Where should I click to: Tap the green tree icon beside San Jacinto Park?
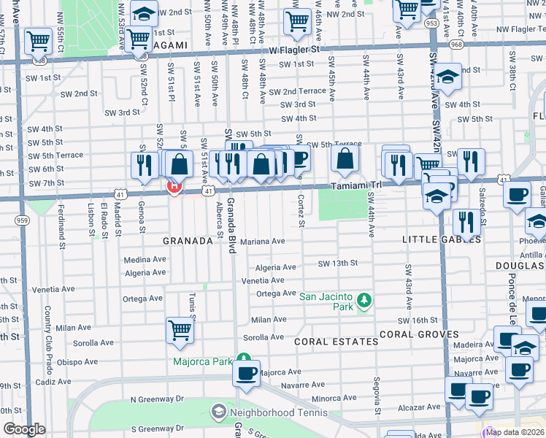click(x=363, y=300)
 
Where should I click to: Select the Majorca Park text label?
click(x=202, y=361)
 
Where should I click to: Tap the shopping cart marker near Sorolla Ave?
click(x=180, y=331)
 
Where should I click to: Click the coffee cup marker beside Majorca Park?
click(x=246, y=373)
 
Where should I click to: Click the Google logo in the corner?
click(x=24, y=429)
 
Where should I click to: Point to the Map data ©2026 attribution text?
click(x=515, y=432)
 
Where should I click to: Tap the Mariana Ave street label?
click(x=268, y=241)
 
